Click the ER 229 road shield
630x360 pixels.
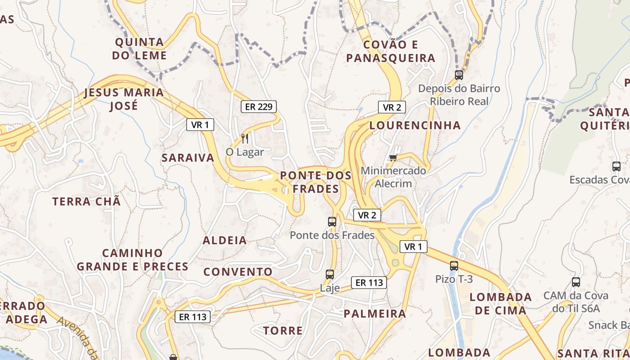pos(258,107)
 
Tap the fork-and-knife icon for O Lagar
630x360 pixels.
pos(245,138)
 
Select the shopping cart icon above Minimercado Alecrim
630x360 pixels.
pos(393,157)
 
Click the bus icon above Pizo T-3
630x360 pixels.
pos(454,265)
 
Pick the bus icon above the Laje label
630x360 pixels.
pos(330,274)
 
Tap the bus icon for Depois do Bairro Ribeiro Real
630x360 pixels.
pos(459,75)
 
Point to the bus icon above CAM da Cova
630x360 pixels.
pos(576,282)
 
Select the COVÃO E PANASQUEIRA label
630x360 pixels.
pos(391,51)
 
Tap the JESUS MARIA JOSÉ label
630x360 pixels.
pos(124,99)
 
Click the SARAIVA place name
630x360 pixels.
pos(188,158)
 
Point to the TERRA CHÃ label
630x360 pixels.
pos(87,202)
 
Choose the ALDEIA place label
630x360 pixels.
pos(225,240)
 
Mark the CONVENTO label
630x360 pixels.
pos(238,272)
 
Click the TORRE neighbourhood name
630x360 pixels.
pos(283,331)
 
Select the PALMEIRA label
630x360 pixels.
pos(375,314)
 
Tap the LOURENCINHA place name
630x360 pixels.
pos(415,126)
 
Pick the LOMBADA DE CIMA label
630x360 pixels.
pos(500,304)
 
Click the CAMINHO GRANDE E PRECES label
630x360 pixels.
pos(132,260)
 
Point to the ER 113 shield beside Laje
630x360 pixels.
pos(369,283)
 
